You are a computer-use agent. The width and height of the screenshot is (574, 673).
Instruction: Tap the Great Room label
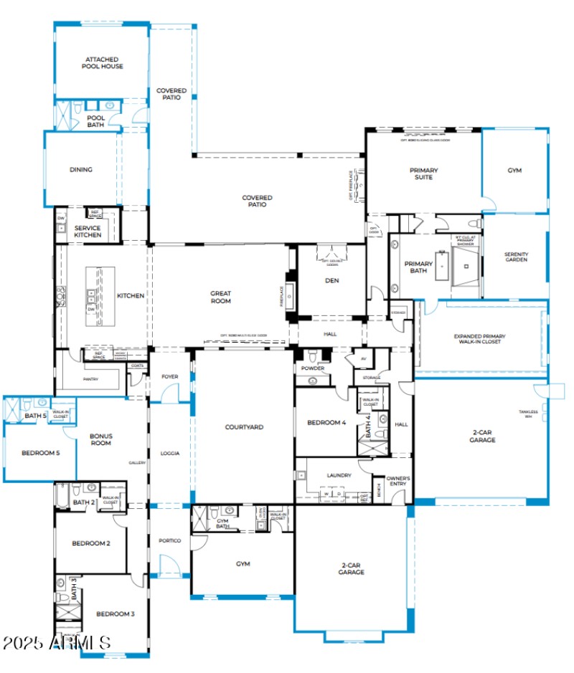point(220,297)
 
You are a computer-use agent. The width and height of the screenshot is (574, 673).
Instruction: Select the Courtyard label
point(244,427)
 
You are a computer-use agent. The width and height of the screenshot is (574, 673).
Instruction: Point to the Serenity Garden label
point(516,257)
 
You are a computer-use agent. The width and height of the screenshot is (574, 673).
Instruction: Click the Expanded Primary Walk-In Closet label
point(479,339)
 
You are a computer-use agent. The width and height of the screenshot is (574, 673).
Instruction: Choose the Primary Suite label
point(424,173)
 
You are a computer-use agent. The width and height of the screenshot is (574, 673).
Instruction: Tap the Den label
point(331,280)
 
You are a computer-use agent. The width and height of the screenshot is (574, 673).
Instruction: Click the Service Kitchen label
point(88,232)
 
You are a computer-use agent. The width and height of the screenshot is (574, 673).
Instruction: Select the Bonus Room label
point(100,439)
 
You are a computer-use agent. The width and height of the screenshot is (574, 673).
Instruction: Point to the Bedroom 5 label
point(39,452)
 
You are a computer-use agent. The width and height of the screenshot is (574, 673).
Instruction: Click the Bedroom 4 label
point(326,423)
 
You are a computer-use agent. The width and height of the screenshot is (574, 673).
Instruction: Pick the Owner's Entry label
point(397,480)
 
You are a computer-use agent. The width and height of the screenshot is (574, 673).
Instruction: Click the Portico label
point(169,540)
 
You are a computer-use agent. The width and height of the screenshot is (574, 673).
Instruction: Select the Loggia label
point(170,453)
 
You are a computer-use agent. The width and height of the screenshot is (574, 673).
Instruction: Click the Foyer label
point(170,376)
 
